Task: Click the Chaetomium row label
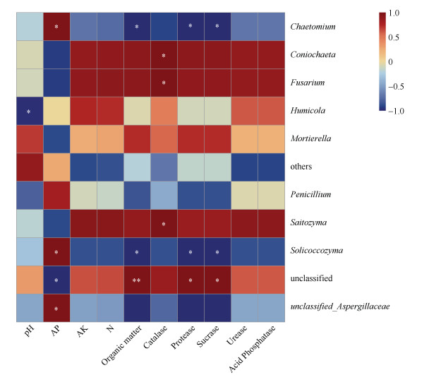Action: [313, 27]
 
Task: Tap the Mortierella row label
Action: [312, 139]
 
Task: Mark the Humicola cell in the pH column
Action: [30, 111]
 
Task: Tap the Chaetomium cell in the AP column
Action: [57, 27]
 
